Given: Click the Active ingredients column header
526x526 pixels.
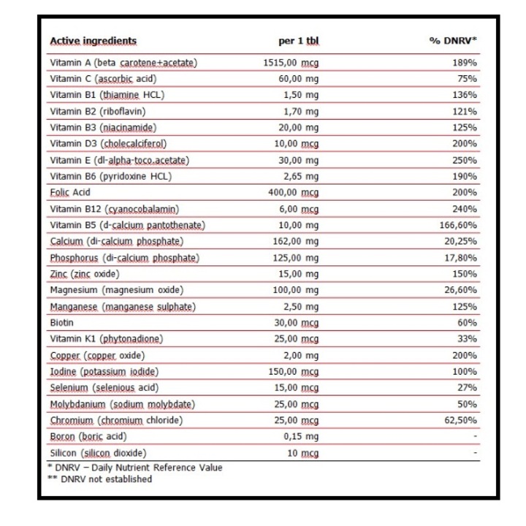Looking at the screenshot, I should point(93,41).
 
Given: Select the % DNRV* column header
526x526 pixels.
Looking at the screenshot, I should point(453,41).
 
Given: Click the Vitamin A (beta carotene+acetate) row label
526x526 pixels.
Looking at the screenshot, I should point(123,63).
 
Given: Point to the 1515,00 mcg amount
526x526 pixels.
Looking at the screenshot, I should point(291,63).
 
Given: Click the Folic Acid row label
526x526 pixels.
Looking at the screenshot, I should point(71,192).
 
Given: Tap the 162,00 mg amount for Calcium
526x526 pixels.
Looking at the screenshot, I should point(297,241).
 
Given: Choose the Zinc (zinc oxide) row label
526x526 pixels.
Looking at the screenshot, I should point(85,274).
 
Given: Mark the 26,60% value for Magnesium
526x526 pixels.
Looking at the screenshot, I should point(460,290).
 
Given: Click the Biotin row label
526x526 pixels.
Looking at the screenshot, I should point(62,322).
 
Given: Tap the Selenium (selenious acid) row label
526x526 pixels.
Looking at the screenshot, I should point(104,387).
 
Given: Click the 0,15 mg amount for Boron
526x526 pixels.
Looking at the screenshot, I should point(301,436).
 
